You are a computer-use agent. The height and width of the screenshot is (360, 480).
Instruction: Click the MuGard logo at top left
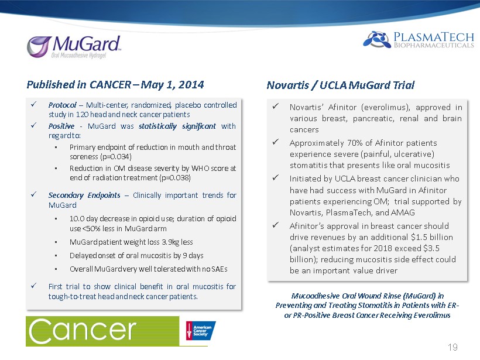tap(74, 47)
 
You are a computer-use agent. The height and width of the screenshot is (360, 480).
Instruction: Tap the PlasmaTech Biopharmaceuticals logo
tap(419, 40)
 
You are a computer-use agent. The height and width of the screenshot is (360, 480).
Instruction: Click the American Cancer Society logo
tap(201, 330)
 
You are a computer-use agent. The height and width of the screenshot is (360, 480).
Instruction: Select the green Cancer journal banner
tap(102, 331)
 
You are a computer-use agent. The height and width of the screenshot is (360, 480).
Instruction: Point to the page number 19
tap(452, 347)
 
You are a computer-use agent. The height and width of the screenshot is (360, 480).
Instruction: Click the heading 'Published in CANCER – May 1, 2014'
tap(115, 84)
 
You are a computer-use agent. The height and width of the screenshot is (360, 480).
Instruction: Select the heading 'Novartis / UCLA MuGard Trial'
tap(341, 85)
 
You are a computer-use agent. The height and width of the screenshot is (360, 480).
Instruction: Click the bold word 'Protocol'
tap(62, 105)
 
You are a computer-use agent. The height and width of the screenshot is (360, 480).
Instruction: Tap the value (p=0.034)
tap(116, 157)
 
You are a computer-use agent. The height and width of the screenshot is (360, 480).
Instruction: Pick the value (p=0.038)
tap(175, 178)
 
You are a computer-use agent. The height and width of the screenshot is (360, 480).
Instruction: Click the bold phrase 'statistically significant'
tap(177, 126)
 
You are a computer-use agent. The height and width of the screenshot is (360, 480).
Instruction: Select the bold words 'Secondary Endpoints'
tap(84, 196)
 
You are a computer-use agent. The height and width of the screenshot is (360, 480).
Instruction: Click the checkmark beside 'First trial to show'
tap(34, 286)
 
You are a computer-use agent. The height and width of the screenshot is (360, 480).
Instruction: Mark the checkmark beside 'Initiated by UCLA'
tap(276, 177)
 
